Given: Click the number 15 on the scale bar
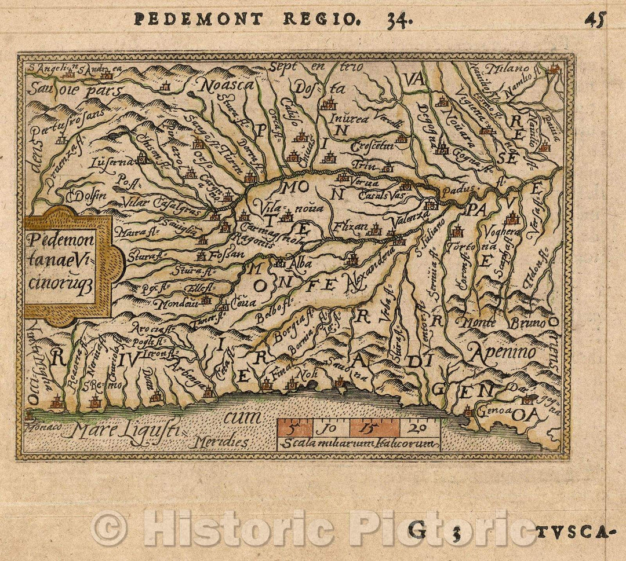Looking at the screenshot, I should (374, 429).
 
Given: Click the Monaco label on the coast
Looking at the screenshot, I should (42, 427).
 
